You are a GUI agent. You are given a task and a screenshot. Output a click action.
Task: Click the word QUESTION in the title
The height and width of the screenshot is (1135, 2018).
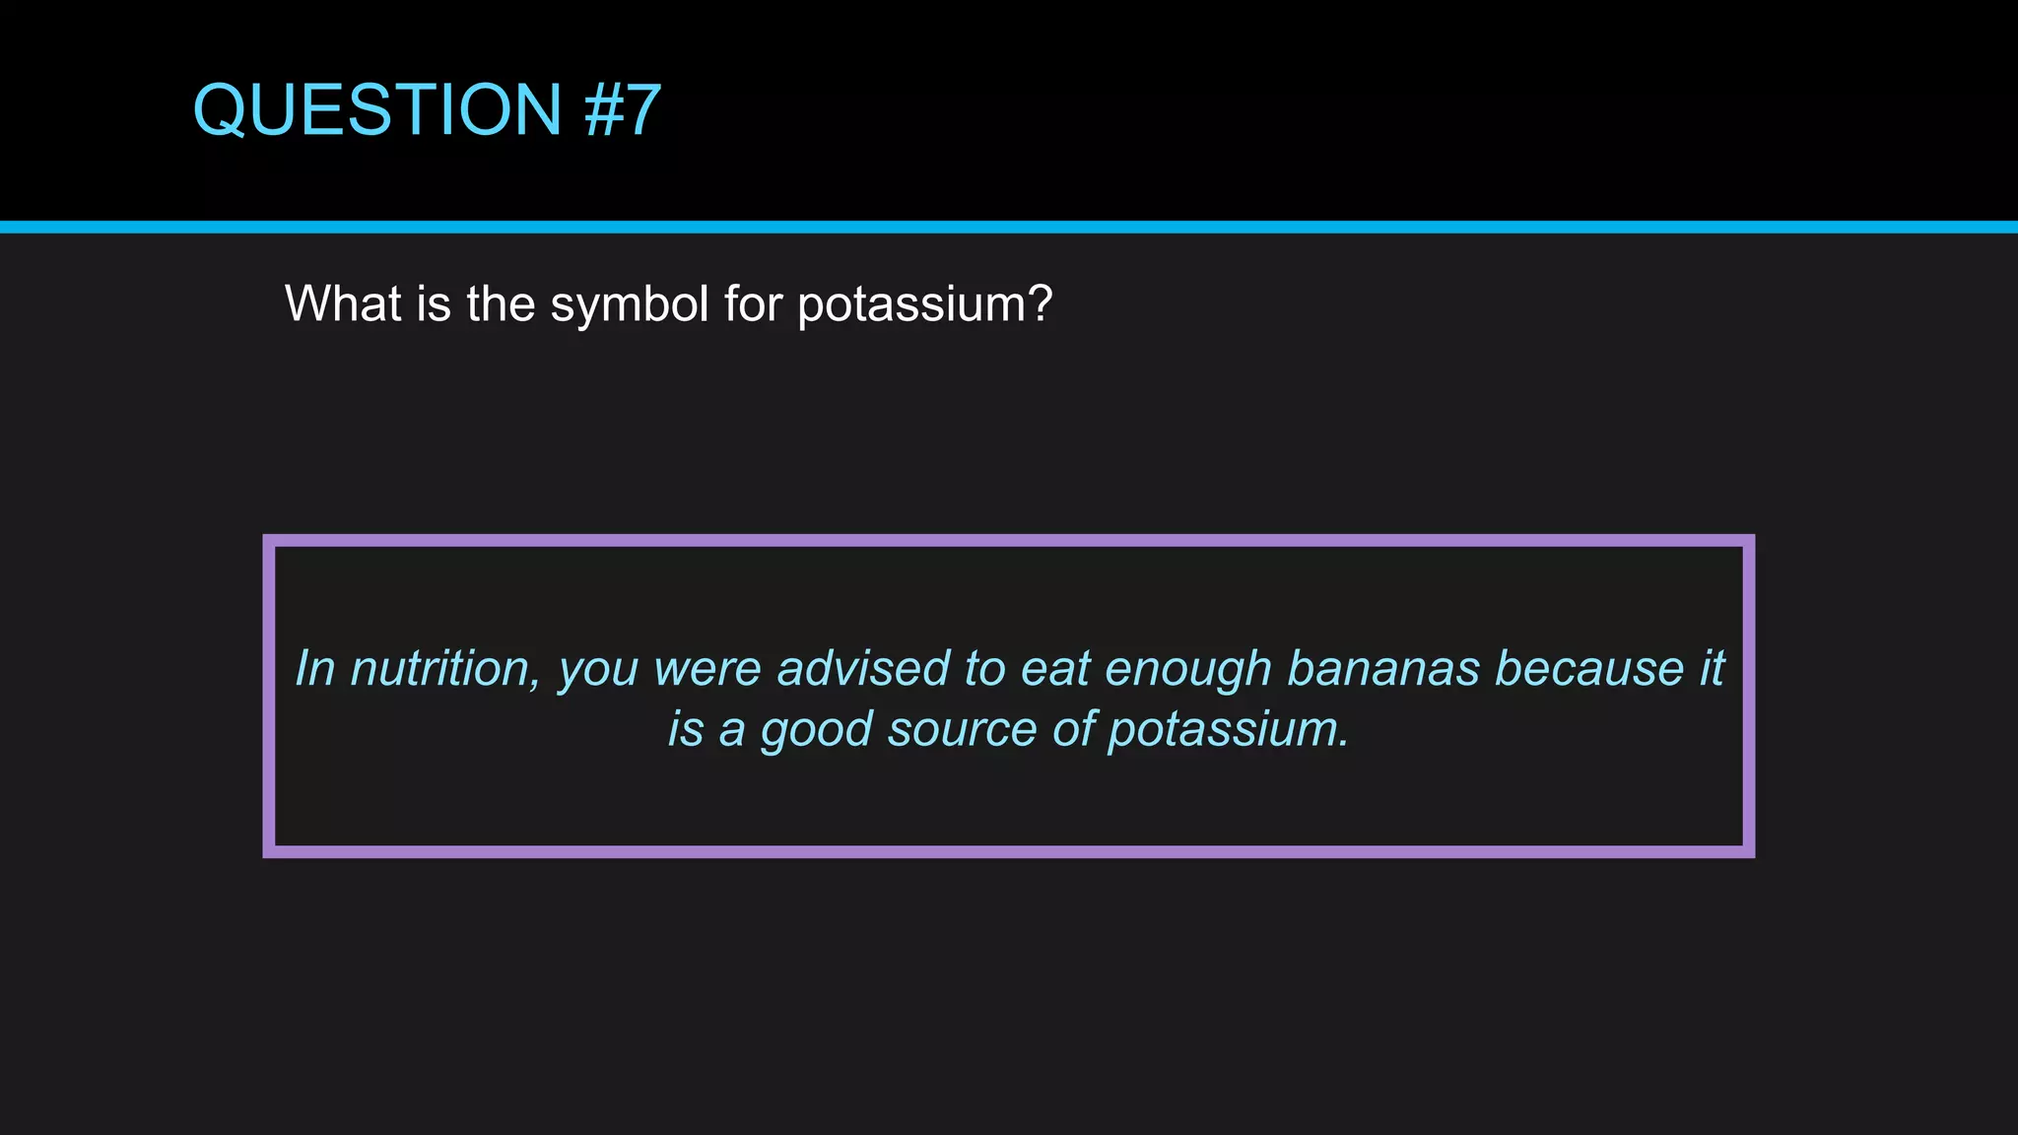point(377,109)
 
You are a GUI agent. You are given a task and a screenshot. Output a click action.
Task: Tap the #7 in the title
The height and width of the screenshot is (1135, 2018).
point(623,109)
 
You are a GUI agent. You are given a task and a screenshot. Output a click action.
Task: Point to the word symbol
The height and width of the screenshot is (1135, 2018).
point(629,305)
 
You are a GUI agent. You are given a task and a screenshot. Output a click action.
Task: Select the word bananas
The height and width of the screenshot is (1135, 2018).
point(1383,669)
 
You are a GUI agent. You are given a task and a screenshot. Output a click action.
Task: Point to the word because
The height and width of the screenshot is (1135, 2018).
point(1589,669)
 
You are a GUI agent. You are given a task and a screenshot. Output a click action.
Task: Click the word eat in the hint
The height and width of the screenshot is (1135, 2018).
point(1055,669)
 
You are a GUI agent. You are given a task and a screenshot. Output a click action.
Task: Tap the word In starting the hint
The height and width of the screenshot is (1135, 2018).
point(315,669)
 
